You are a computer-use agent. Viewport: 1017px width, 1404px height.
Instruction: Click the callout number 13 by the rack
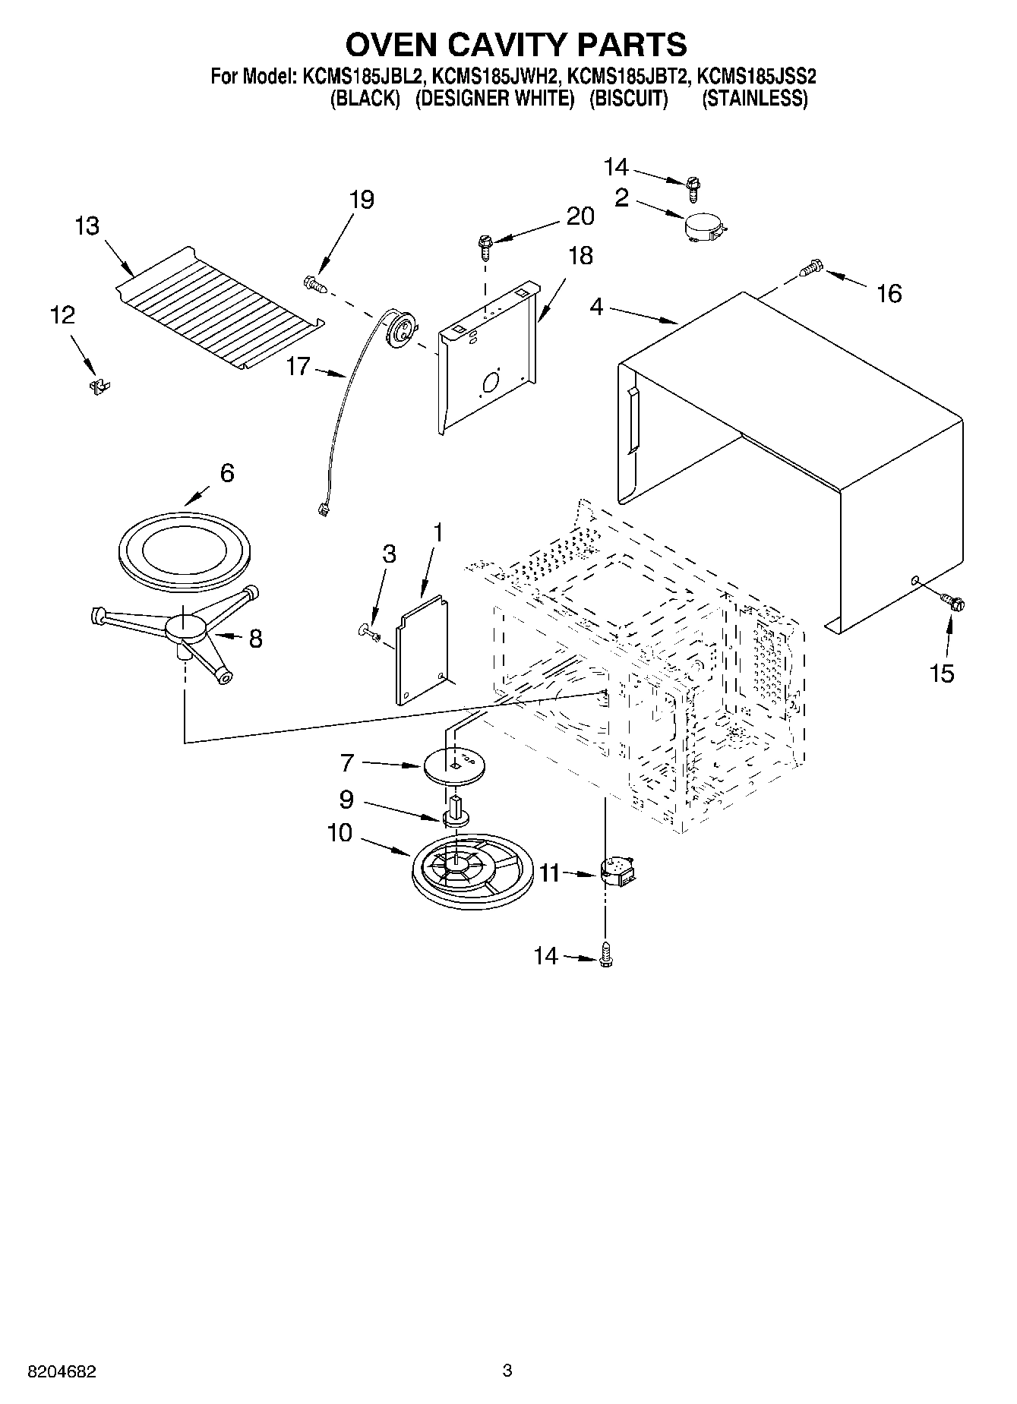87,226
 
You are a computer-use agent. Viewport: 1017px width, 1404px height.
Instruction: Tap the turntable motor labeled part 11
618,871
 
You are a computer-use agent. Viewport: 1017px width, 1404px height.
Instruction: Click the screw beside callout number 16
811,267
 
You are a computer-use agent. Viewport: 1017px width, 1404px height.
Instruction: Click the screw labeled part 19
314,284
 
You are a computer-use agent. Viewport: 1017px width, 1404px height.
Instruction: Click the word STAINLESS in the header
754,99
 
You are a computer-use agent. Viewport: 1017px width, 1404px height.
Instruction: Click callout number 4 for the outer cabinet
596,307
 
